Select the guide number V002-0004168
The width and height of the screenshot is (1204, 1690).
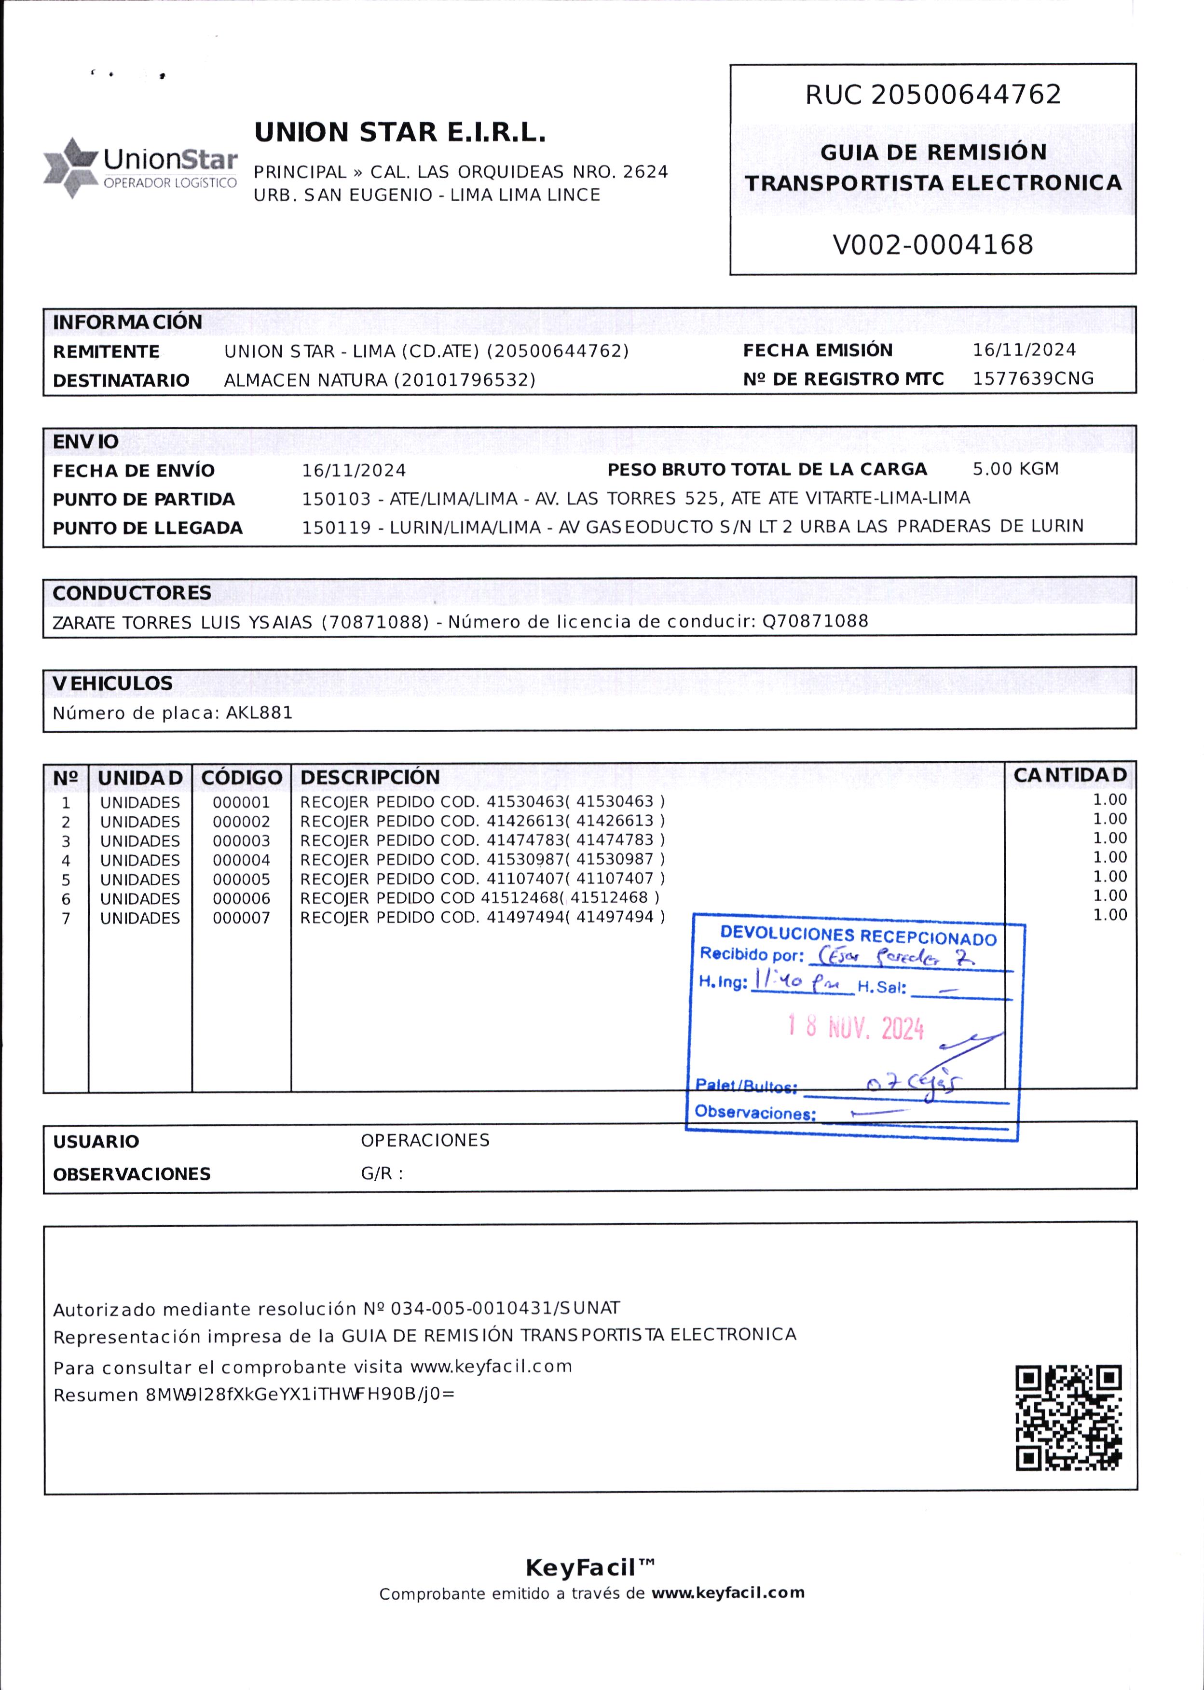[x=932, y=245]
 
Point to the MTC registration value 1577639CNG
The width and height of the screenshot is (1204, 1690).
[x=1033, y=378]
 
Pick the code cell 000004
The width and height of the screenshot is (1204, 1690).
[x=241, y=861]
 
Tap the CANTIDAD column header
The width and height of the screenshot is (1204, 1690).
[x=1070, y=775]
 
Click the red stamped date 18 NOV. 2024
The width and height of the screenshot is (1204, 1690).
[x=856, y=1028]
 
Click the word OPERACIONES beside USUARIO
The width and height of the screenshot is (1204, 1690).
[x=425, y=1140]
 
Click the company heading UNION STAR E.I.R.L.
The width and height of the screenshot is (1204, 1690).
[x=399, y=132]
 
